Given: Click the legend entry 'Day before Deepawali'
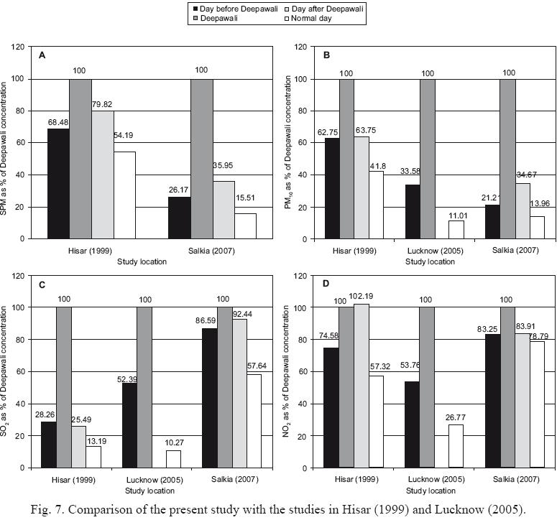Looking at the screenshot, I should click(x=226, y=6).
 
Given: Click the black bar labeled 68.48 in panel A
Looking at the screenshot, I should click(x=58, y=183).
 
